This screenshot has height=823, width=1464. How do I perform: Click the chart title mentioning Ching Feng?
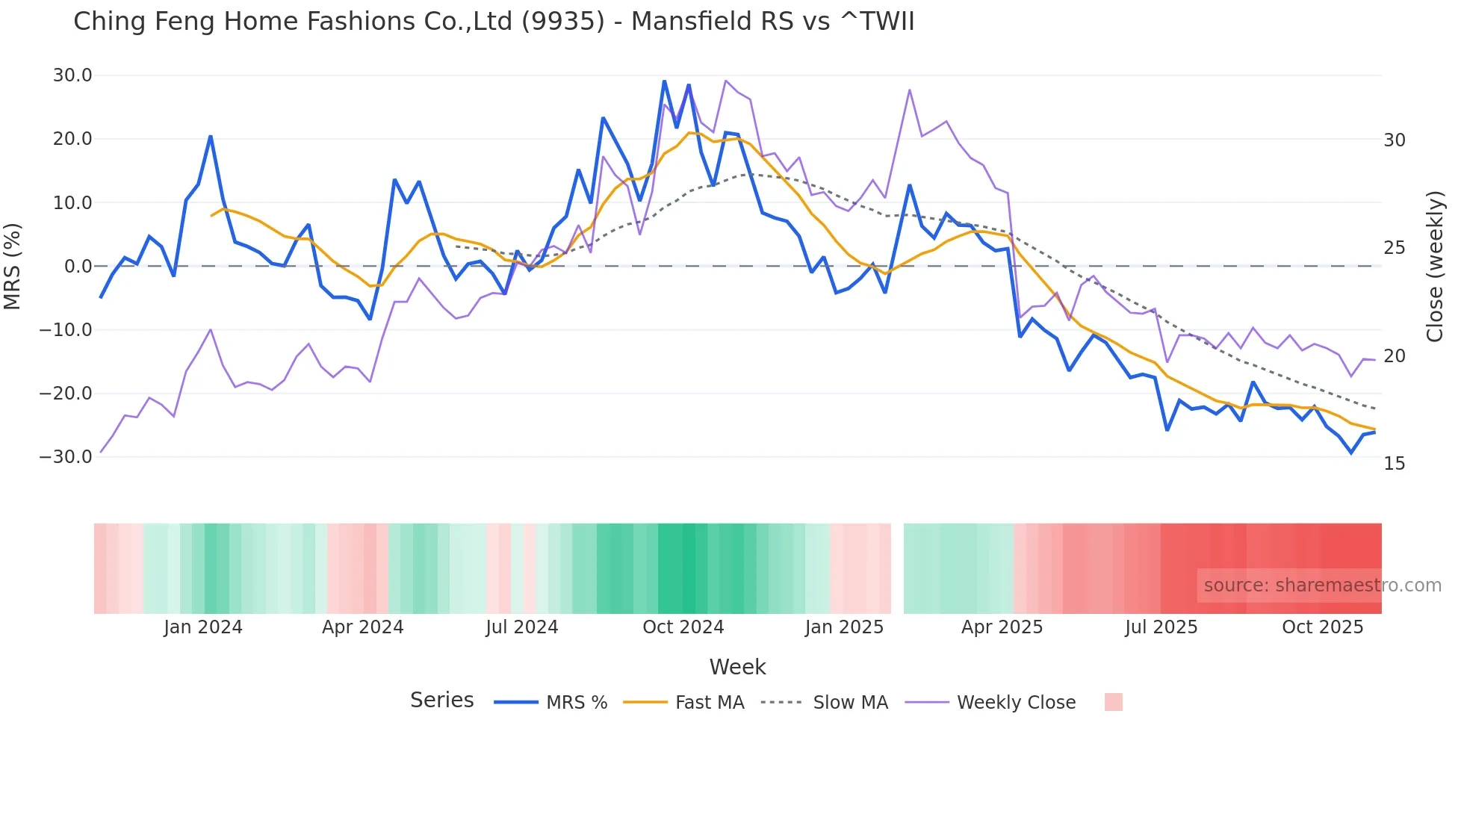[493, 22]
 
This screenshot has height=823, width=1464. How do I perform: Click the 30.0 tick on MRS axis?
[72, 75]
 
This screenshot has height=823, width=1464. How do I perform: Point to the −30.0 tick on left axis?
[66, 457]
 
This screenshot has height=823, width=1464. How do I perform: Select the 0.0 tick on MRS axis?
[78, 267]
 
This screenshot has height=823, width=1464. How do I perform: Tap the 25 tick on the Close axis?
[1394, 248]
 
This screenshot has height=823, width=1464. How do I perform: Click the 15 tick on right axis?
[1394, 464]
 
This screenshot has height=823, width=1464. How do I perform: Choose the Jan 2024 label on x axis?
[203, 627]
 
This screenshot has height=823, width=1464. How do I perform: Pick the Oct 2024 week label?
[683, 627]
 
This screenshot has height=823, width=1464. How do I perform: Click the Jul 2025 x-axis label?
[1161, 627]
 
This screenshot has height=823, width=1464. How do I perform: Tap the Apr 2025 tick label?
[1002, 627]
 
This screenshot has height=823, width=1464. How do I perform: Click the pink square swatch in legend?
[1113, 702]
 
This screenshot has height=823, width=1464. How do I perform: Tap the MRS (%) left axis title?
[13, 267]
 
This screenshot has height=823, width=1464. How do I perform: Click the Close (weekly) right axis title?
[1435, 267]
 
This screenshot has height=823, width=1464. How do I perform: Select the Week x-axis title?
[737, 667]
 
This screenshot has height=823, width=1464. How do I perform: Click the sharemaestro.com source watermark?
[1322, 586]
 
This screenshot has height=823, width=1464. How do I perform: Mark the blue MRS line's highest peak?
[664, 81]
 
